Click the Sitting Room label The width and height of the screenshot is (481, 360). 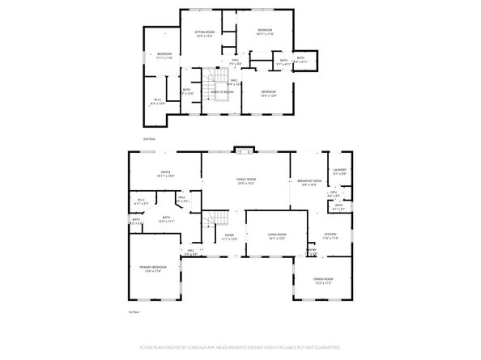(x=203, y=32)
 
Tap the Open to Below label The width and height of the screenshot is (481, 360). (x=223, y=92)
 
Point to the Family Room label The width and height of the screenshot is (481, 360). (x=246, y=179)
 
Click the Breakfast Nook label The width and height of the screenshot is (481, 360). (x=309, y=180)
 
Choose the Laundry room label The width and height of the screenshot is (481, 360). (x=339, y=170)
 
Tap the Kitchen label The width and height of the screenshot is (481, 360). (x=330, y=235)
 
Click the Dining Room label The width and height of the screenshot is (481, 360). (x=325, y=279)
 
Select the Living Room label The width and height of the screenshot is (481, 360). (x=278, y=235)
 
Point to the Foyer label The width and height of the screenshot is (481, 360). (x=229, y=235)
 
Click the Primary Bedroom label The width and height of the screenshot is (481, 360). (x=153, y=266)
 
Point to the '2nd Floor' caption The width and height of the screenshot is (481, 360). (x=148, y=139)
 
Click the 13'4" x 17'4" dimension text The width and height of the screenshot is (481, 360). (x=153, y=271)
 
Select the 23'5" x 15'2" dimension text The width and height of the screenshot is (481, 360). (x=246, y=184)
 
